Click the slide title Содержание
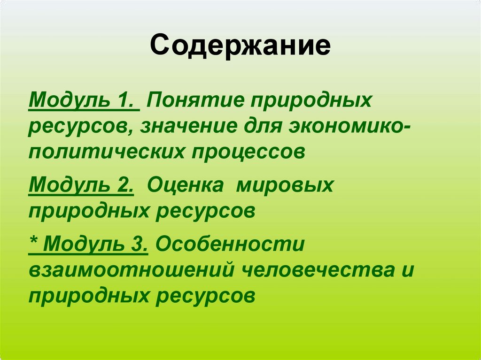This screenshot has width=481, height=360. [x=240, y=46]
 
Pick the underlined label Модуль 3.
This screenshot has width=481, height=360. [x=97, y=245]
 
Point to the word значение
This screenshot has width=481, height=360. [x=187, y=127]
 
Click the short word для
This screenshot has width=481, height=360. [x=264, y=127]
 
